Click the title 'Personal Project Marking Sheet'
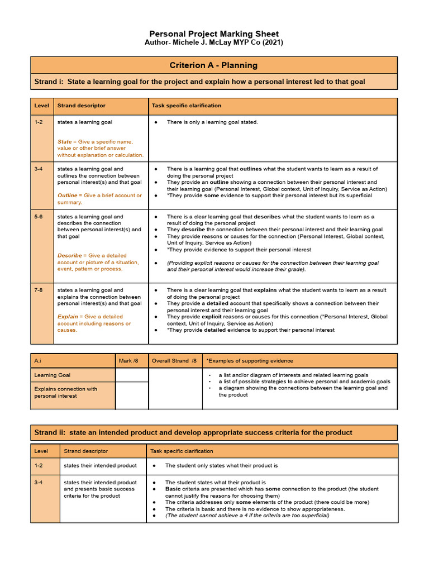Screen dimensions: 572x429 [214, 34]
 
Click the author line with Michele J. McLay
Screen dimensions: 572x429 [214, 42]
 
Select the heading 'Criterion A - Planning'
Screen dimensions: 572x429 [213, 65]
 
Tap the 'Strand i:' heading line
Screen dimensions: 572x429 [199, 82]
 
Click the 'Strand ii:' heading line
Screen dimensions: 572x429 [193, 432]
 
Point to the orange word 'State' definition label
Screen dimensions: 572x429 [64, 142]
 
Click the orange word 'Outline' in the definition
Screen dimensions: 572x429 [68, 196]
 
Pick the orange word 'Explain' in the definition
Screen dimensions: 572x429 [68, 317]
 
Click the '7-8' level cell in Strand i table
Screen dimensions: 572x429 [39, 290]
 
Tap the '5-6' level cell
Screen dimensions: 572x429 [39, 217]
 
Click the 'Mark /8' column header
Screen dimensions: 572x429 [126, 361]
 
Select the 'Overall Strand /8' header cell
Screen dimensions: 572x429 [174, 361]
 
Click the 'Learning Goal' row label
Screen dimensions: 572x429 [53, 375]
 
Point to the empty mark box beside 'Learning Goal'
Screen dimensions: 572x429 [132, 375]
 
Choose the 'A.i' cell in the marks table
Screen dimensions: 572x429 [38, 361]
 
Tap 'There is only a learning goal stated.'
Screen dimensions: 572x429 [212, 122]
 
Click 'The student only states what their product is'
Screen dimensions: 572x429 [221, 465]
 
